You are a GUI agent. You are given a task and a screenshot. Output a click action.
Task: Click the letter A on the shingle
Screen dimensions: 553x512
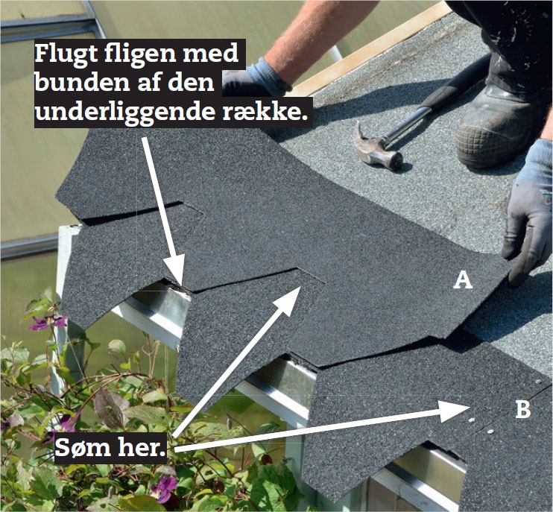coord(463,281)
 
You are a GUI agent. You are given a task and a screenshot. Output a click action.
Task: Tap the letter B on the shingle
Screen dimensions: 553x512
coord(523,409)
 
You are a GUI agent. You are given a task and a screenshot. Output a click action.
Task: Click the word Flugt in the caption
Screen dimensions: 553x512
coord(66,54)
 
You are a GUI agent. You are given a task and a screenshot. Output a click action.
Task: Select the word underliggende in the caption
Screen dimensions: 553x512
coord(124,112)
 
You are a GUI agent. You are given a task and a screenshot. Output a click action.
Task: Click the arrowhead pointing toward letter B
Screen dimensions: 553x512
coord(455,411)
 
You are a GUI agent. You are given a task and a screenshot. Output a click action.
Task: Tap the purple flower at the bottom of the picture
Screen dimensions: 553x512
coord(163,487)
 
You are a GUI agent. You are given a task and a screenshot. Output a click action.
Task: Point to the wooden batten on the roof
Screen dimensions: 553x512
coord(370,49)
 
